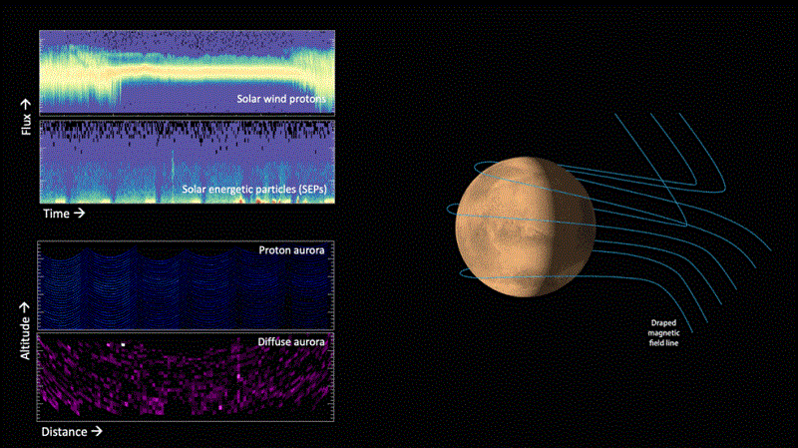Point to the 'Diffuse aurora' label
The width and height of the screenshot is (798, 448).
click(292, 342)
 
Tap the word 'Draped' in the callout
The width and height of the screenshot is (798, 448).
click(665, 322)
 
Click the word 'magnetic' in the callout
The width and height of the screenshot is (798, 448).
click(665, 332)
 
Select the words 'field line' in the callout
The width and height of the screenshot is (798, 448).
click(665, 342)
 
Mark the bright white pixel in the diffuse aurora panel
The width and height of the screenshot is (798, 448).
click(124, 344)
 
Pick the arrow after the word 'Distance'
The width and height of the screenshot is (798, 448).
click(97, 434)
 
